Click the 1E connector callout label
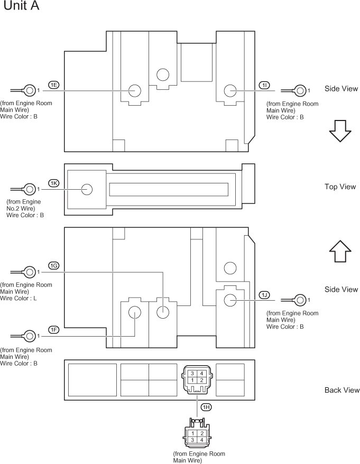pyautogui.click(x=53, y=85)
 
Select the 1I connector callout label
pyautogui.click(x=264, y=85)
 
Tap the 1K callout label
pyautogui.click(x=53, y=183)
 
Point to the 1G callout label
pyautogui.click(x=53, y=266)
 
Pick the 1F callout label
pyautogui.click(x=53, y=330)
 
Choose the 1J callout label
pyautogui.click(x=264, y=294)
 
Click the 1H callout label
pyautogui.click(x=207, y=407)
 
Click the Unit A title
pyautogui.click(x=21, y=7)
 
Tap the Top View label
pyautogui.click(x=340, y=187)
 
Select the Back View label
pyautogui.click(x=341, y=390)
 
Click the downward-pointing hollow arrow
pyautogui.click(x=340, y=130)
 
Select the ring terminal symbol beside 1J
pyautogui.click(x=301, y=300)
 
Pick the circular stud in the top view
pyautogui.click(x=86, y=189)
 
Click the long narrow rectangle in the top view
pyautogui.click(x=168, y=189)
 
